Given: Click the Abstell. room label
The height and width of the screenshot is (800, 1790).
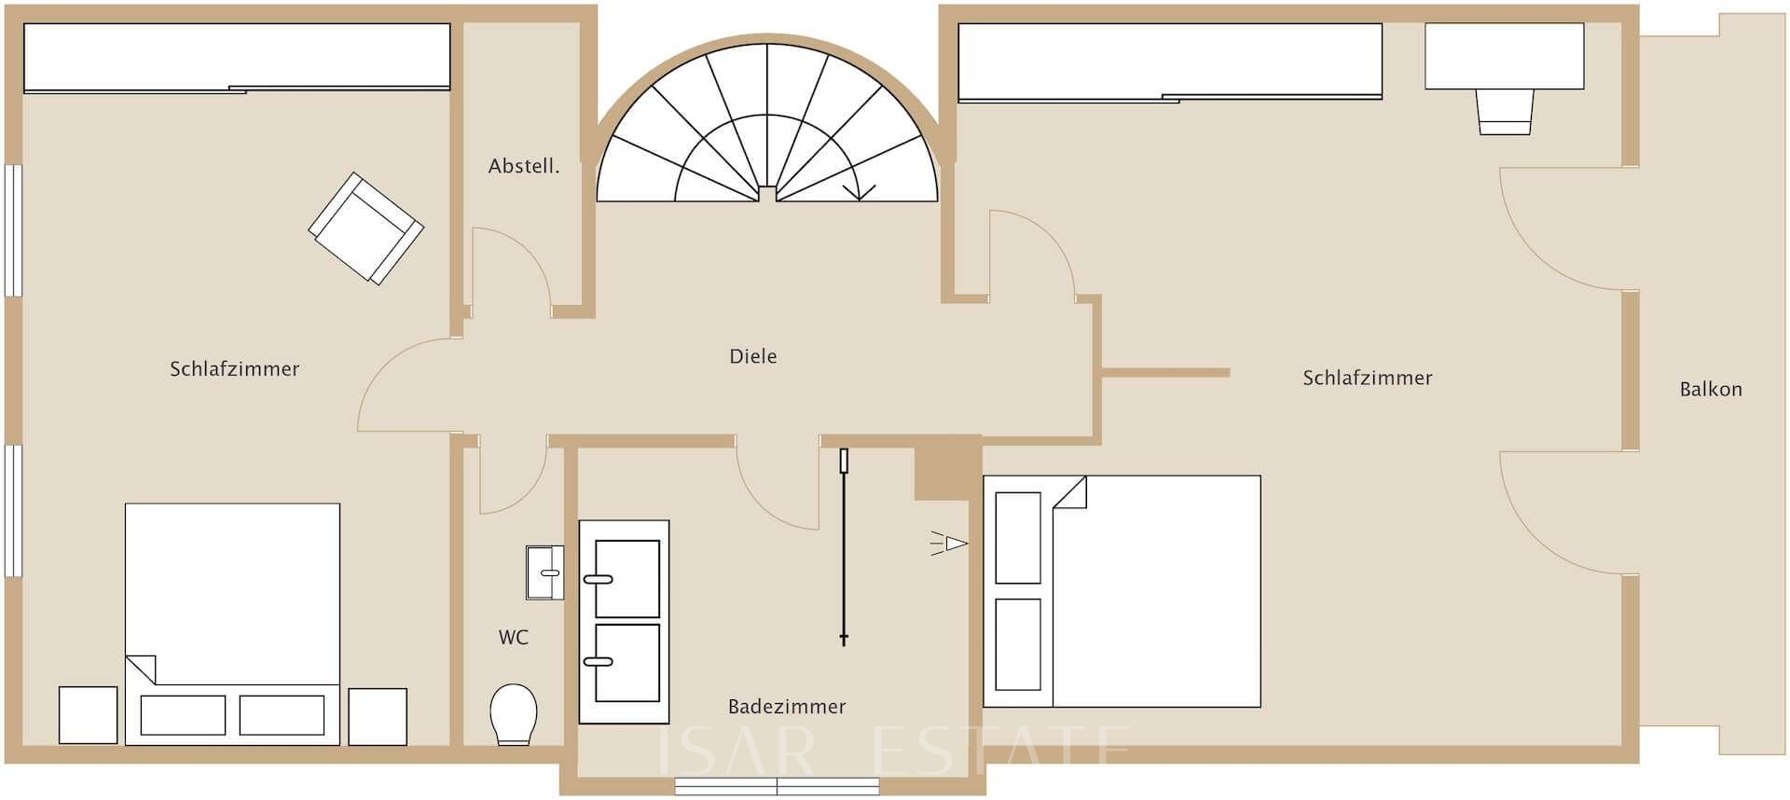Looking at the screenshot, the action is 524,167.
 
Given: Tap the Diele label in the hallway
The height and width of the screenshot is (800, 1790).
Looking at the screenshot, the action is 753,356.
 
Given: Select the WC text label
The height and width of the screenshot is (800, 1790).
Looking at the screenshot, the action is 514,638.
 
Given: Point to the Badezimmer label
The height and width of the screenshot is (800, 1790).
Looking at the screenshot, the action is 787,707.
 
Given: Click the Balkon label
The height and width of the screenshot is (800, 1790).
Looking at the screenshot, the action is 1711,390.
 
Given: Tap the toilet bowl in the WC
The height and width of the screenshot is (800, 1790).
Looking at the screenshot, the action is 513,714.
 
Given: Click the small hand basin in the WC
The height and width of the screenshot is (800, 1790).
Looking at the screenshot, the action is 545,572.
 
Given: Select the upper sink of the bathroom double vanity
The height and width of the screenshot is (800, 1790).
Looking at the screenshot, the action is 626,578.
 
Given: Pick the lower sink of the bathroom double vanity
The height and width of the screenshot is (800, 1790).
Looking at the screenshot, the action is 626,663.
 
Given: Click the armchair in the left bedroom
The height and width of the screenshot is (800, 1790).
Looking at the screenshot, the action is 366,228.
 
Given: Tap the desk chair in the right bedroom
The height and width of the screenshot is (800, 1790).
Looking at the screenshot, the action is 1505,112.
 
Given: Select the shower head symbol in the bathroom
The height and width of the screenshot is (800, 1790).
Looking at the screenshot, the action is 950,543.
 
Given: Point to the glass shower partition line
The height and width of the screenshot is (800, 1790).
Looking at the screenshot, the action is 844,547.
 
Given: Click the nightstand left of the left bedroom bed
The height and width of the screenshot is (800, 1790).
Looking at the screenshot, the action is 89,715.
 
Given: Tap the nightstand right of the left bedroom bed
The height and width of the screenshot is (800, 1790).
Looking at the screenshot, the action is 378,716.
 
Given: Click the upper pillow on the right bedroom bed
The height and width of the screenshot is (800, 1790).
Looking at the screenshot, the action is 1018,538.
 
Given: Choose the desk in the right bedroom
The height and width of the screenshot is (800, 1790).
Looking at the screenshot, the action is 1504,57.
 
